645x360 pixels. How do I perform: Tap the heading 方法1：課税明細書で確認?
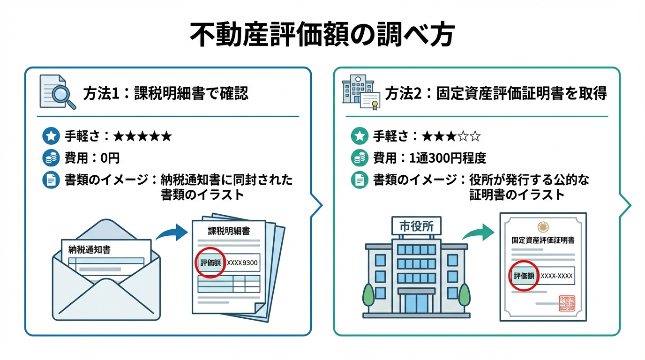click(165, 94)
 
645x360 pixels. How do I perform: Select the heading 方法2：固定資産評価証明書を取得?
click(496, 94)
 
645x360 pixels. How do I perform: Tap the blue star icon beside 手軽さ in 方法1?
click(51, 136)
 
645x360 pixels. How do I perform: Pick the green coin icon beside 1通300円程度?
click(360, 158)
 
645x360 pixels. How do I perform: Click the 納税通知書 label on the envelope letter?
click(90, 249)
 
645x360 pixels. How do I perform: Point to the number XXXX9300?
click(242, 262)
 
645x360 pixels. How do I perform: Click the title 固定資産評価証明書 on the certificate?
click(543, 240)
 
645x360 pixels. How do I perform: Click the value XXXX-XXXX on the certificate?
click(556, 276)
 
